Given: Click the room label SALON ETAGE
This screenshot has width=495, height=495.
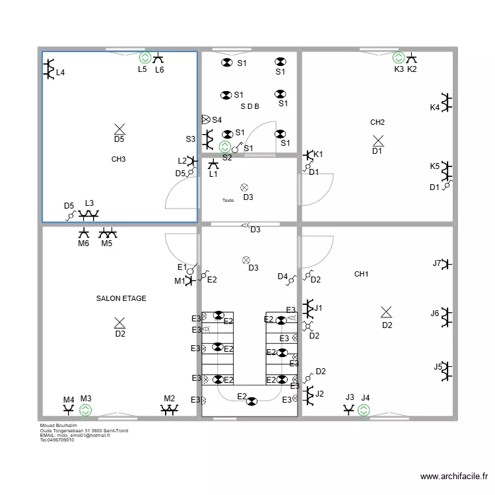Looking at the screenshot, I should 121,298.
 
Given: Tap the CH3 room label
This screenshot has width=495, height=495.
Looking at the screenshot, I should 118,159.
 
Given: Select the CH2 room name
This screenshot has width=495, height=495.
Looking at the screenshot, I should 378,122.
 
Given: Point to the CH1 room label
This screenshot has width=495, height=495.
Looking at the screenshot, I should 361,274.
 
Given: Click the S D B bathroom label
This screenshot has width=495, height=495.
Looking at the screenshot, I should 249,106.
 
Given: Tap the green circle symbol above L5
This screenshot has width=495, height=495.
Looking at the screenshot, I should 145,58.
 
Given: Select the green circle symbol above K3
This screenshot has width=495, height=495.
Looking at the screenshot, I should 398,58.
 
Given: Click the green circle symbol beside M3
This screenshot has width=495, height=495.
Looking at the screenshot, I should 86,410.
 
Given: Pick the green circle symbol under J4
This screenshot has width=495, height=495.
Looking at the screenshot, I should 364,410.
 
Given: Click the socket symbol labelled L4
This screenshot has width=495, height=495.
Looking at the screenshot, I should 49,68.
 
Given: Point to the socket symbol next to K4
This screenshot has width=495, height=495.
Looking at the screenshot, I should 447,102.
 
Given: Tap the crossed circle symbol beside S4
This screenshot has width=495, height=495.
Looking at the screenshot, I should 205,119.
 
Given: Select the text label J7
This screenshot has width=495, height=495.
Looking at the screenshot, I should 436,263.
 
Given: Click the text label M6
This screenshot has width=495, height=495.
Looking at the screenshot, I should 83,244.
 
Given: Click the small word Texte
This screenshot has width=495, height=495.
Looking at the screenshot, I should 228,200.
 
